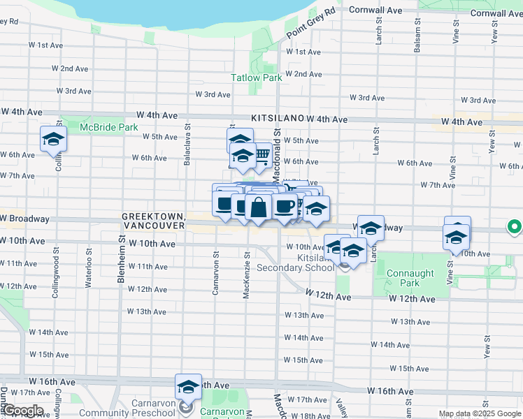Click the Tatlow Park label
pos(257,78)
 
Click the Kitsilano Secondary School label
pos(296,263)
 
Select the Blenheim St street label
pos(122,258)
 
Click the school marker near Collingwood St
pos(53,140)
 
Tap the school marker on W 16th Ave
pos(188,387)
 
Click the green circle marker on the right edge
pos(514,227)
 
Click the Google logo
pos(23,411)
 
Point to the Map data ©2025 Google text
pos(479,413)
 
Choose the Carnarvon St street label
pos(215,273)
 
